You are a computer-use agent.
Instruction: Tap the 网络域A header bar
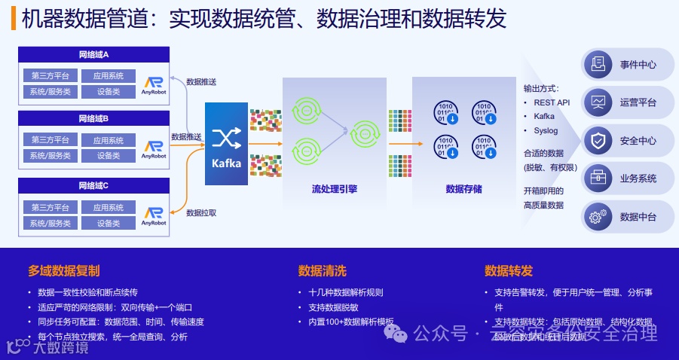tap(93, 55)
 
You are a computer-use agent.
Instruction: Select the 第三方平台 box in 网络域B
tap(50, 140)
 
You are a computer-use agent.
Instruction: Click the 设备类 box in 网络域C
tap(109, 224)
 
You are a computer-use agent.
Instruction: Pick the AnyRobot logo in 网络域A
tap(154, 85)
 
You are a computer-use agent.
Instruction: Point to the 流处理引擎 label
tap(335, 189)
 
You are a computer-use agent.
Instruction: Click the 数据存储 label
tap(463, 189)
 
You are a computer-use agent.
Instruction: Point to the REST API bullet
tap(552, 102)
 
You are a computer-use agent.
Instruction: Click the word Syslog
tap(546, 130)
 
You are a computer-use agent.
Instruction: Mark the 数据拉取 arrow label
tap(201, 213)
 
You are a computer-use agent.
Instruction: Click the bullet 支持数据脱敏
tap(333, 307)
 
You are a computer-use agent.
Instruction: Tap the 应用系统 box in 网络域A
tap(109, 76)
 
